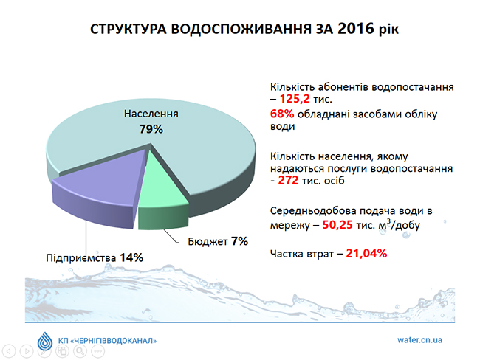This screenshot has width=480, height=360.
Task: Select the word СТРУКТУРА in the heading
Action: point(130,30)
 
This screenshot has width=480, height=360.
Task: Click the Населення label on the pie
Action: point(151,114)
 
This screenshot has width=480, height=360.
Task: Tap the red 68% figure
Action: point(282,113)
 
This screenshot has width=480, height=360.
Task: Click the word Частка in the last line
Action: point(291,254)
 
